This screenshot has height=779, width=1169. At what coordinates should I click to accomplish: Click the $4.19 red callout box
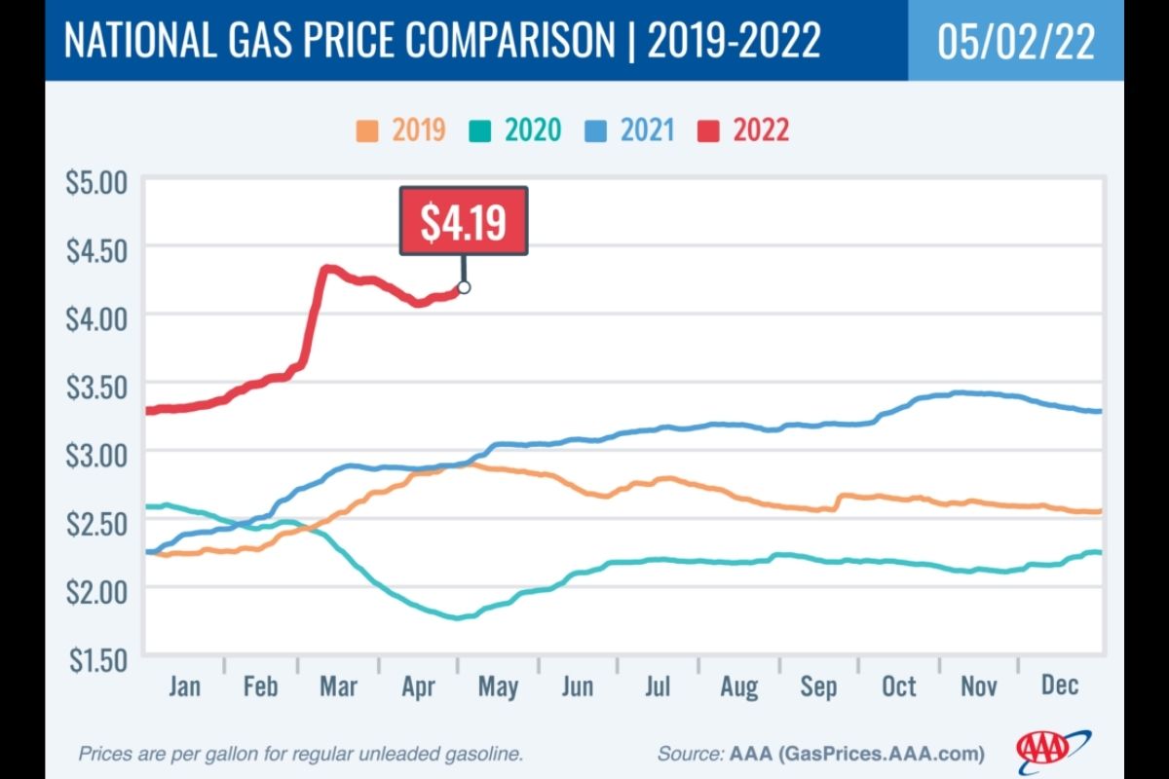point(464,222)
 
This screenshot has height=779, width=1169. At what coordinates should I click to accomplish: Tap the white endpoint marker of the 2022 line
point(464,287)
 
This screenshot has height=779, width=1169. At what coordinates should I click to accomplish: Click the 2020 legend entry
point(520,130)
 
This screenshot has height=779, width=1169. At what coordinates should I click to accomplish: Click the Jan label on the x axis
point(184,686)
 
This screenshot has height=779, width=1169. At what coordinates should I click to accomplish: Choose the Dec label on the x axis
point(1059,686)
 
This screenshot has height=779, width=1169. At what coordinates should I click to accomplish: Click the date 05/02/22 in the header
point(1015,42)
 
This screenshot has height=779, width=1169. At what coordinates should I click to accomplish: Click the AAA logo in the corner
point(1052,748)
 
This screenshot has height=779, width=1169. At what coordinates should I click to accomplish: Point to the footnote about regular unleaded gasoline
point(301,754)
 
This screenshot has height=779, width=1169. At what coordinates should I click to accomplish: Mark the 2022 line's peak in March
point(327,269)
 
